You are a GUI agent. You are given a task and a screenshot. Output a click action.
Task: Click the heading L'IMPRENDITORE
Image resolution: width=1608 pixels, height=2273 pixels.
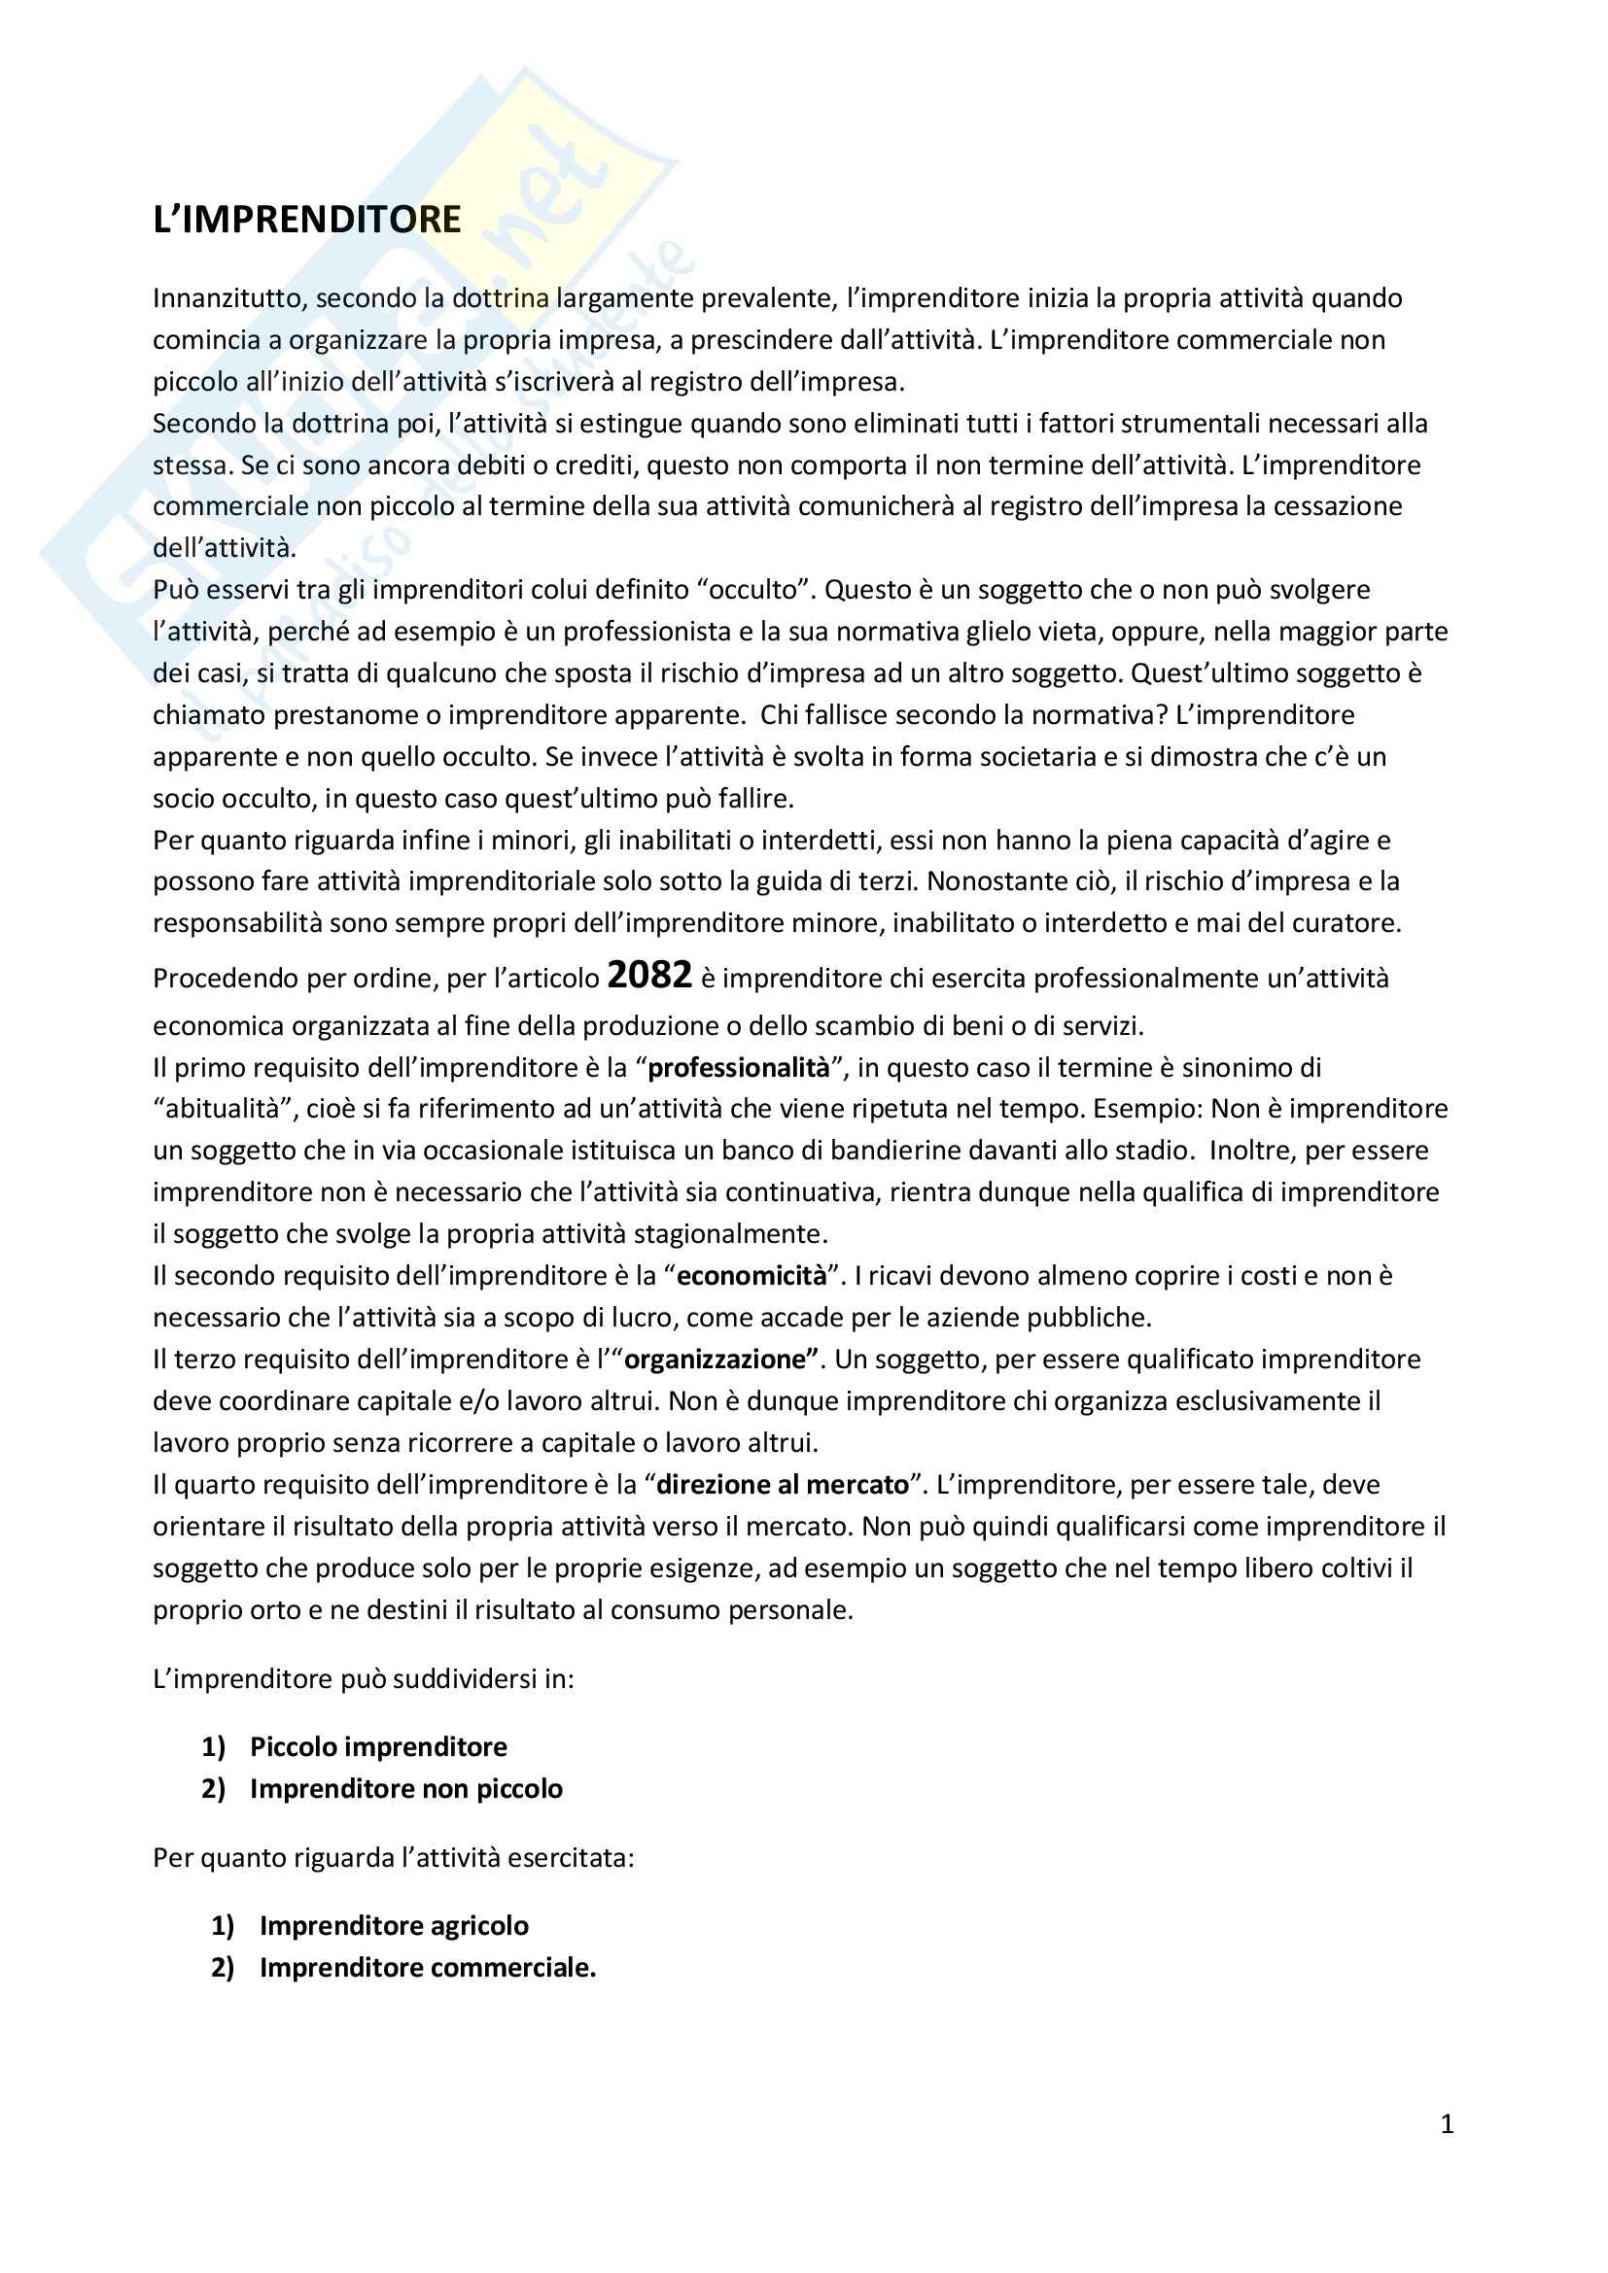pos(307,219)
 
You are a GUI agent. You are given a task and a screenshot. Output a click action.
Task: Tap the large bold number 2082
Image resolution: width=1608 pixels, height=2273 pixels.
pos(649,975)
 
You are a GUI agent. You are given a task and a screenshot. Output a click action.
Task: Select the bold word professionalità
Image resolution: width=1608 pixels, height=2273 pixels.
pos(739,1068)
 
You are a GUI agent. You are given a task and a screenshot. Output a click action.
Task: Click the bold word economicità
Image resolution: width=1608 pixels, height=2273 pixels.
pos(752,1276)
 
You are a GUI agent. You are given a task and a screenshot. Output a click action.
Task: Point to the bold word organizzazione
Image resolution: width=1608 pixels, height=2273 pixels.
pos(715,1360)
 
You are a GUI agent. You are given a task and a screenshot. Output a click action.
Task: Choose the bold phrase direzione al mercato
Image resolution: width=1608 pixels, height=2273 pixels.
pos(783,1485)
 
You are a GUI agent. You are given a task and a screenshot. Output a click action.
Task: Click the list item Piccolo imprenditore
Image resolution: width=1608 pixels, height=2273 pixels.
pos(378,1747)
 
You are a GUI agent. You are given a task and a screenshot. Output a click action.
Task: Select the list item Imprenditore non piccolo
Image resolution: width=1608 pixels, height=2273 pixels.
pos(406,1789)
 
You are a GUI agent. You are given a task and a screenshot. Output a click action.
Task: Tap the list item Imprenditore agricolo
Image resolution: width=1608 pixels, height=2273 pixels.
pos(394,1925)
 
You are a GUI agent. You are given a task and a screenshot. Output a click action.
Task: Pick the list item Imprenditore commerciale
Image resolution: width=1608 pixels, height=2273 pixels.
pos(428,1968)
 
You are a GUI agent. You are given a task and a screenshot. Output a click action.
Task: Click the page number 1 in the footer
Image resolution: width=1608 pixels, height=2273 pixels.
pos(1447,2124)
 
